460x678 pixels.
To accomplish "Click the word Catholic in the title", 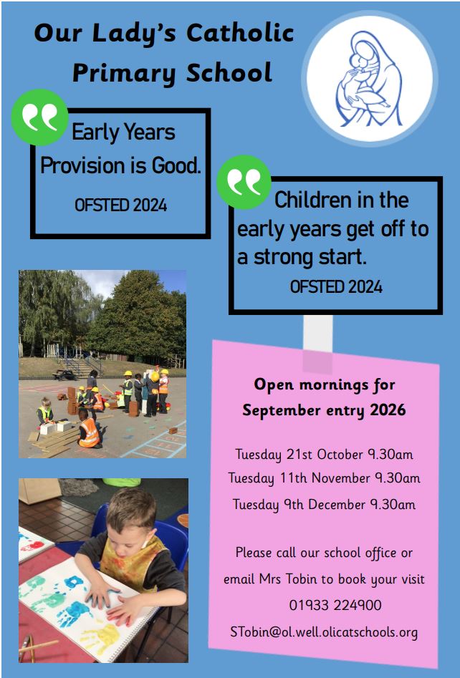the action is click(x=240, y=33).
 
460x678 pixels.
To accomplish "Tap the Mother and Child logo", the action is click(x=370, y=78).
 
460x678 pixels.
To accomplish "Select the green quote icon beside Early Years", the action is click(x=40, y=117).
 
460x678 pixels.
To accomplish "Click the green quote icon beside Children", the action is click(x=244, y=182).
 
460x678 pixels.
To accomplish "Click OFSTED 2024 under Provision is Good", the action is click(x=121, y=205).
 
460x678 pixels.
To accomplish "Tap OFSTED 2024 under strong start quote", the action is click(x=336, y=287).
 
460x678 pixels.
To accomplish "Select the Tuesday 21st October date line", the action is click(x=324, y=455).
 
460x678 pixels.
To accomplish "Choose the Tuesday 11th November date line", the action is click(x=324, y=478).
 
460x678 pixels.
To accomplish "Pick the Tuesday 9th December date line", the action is click(x=324, y=505).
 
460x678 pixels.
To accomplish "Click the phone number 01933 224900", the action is click(x=335, y=605).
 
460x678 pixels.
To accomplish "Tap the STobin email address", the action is click(x=324, y=632).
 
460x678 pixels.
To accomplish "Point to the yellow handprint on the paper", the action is click(x=100, y=639).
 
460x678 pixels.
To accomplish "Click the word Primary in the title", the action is click(x=124, y=72).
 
